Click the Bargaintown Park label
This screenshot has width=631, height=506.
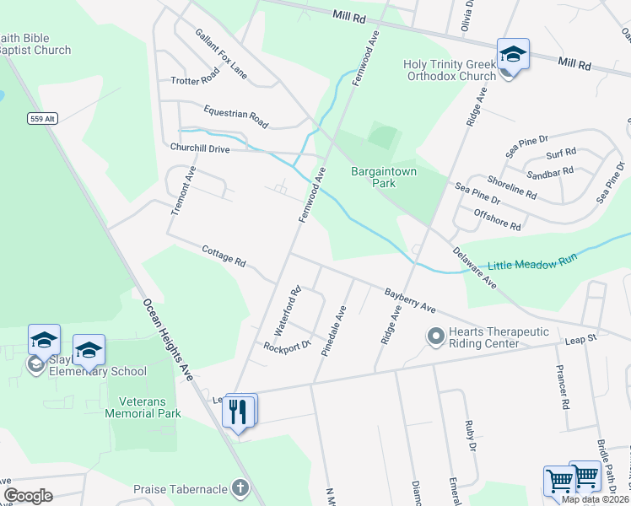tap(374, 177)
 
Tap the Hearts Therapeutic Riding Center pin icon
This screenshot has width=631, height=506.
tap(435, 337)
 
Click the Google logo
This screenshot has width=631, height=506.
tap(28, 496)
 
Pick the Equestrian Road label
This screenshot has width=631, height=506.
tap(235, 117)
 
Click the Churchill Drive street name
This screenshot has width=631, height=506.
tap(211, 148)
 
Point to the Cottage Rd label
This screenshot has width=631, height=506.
tap(224, 256)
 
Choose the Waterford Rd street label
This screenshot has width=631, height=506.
tap(288, 313)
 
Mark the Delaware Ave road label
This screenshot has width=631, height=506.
tap(473, 266)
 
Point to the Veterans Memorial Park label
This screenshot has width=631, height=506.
tap(143, 407)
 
